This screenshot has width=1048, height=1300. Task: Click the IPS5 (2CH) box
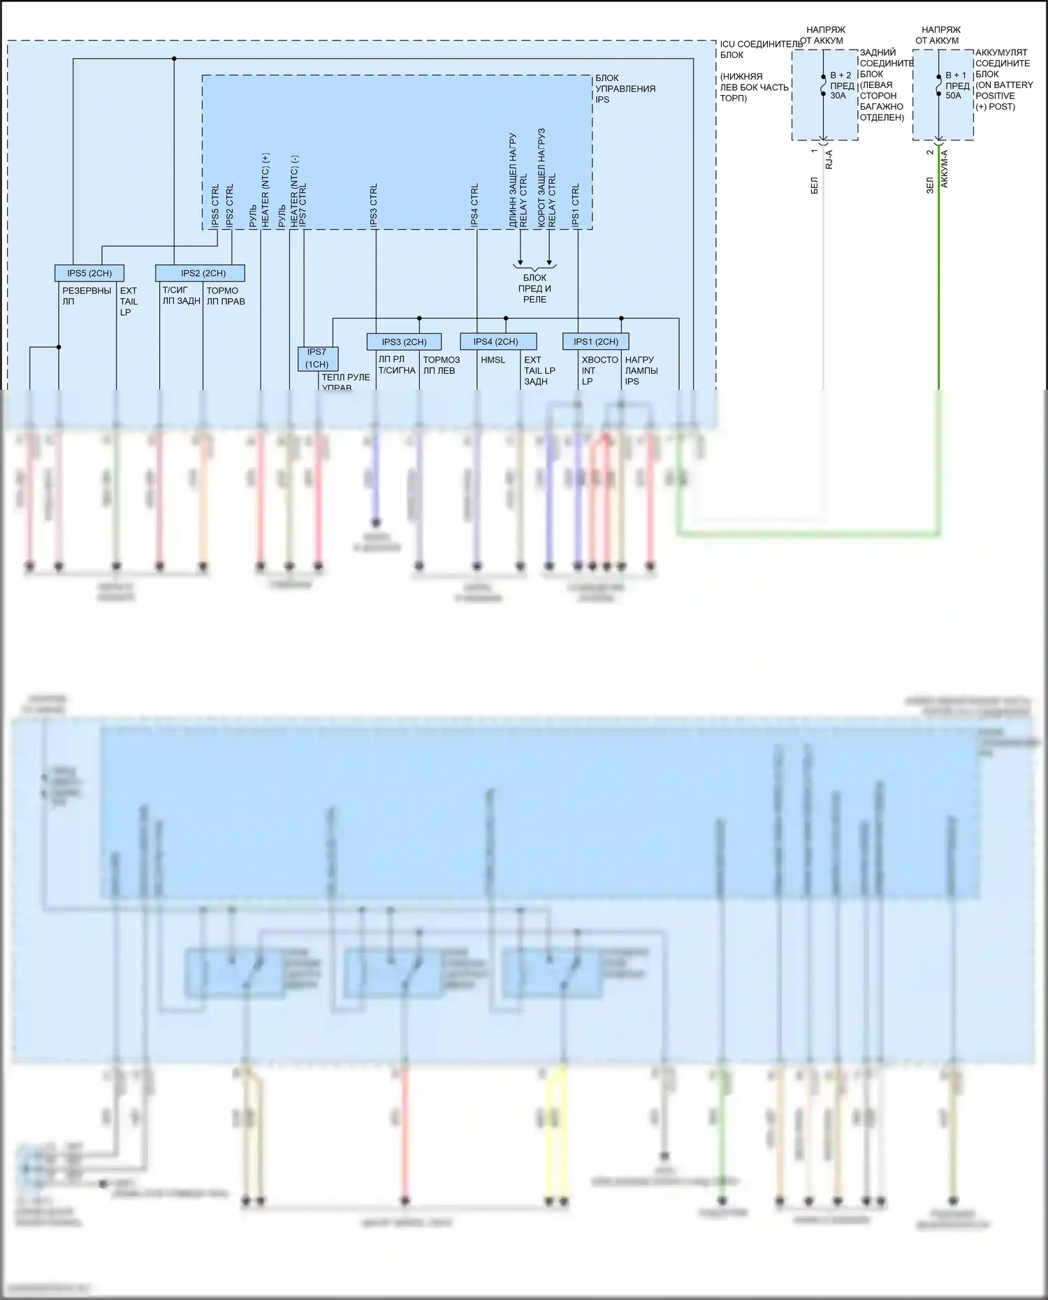[89, 273]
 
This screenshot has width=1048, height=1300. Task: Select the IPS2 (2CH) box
[201, 273]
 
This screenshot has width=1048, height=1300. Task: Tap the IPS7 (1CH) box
[317, 358]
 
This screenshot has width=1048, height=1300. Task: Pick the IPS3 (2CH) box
[404, 342]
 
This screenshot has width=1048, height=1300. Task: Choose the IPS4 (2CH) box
[498, 342]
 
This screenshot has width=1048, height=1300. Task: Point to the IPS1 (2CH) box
[595, 342]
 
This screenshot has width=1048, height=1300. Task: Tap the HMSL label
[493, 360]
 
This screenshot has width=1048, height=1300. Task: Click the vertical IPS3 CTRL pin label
[374, 205]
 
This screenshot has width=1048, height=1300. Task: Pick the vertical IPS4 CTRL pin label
[475, 205]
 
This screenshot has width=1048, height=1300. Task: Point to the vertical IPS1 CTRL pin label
[576, 205]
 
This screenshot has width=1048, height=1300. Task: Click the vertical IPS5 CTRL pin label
[215, 205]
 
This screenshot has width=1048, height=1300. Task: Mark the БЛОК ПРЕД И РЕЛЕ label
[534, 289]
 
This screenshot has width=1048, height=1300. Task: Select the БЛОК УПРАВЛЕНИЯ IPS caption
[625, 89]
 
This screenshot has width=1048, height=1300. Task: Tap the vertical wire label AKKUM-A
[945, 168]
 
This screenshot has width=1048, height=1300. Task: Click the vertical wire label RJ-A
[829, 160]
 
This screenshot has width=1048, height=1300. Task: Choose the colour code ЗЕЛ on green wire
[930, 185]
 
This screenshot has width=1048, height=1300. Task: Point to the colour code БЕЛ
[815, 185]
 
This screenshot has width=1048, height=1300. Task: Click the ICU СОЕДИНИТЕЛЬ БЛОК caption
[762, 49]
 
